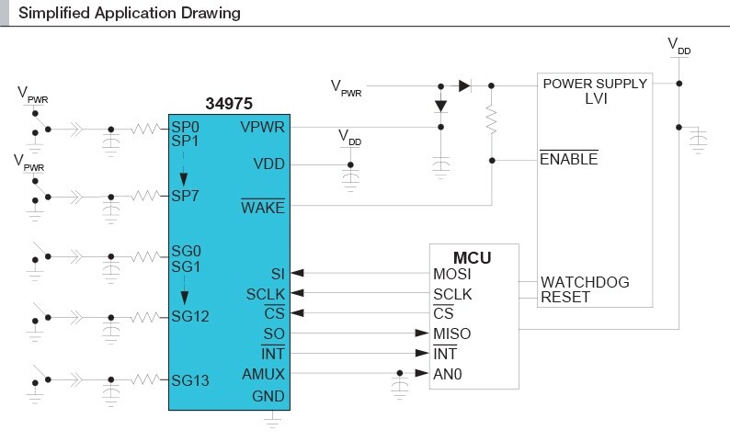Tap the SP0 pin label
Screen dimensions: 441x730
click(x=185, y=127)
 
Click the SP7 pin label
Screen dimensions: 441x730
click(x=185, y=196)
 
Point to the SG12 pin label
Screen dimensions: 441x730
click(x=190, y=316)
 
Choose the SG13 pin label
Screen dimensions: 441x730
click(x=190, y=380)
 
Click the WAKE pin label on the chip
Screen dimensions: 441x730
click(x=263, y=207)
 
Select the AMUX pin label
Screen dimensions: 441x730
click(x=263, y=374)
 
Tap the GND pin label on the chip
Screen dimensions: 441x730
click(x=268, y=397)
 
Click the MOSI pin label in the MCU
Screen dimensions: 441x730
click(x=452, y=274)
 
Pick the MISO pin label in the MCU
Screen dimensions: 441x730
click(x=452, y=334)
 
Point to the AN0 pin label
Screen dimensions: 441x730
click(x=449, y=374)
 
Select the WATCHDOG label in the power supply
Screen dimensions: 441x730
click(x=585, y=282)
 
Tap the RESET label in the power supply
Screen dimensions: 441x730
click(x=565, y=297)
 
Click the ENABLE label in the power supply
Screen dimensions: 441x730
click(x=568, y=159)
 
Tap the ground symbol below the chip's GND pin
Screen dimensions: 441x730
click(x=271, y=421)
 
